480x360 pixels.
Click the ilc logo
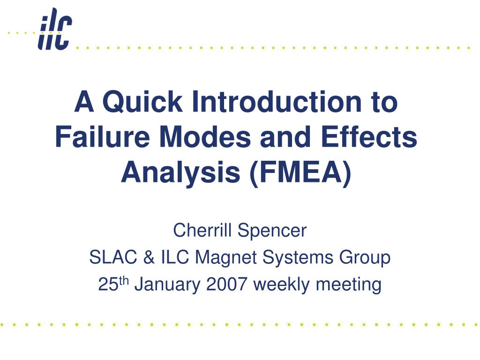55,29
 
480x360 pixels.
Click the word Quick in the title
142,102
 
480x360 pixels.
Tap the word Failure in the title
103,136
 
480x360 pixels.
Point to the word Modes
205,136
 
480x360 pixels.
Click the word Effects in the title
369,136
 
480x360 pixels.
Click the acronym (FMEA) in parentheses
300,173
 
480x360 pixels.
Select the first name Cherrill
202,230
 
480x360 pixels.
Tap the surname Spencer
272,231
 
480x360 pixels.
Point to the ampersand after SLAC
149,257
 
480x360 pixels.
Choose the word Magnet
226,258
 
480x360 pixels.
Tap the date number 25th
113,284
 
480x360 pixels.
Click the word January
167,285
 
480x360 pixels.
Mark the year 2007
227,284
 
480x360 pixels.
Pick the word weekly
282,285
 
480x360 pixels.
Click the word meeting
349,285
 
